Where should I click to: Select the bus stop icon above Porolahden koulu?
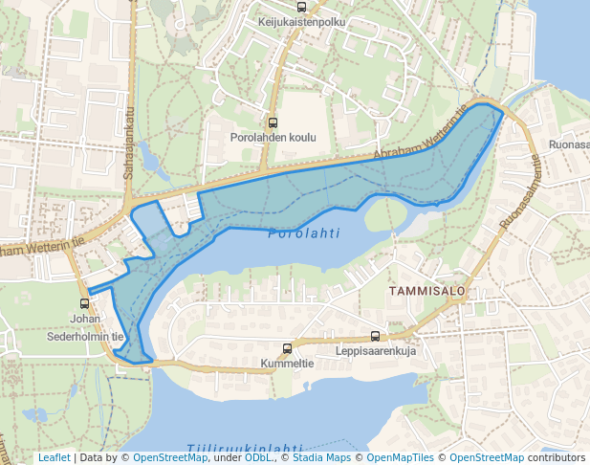point(273,122)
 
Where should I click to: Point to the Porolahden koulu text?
point(273,138)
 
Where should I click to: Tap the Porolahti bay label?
point(303,232)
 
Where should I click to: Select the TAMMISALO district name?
point(426,290)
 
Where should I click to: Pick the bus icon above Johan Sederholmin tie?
point(85,303)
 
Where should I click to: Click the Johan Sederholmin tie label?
point(85,327)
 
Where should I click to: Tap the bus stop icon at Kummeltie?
point(287,349)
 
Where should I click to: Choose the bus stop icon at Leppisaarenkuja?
point(374,336)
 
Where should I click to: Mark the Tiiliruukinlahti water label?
point(245,449)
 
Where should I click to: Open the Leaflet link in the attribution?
point(54,458)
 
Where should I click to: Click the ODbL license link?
point(257,458)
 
